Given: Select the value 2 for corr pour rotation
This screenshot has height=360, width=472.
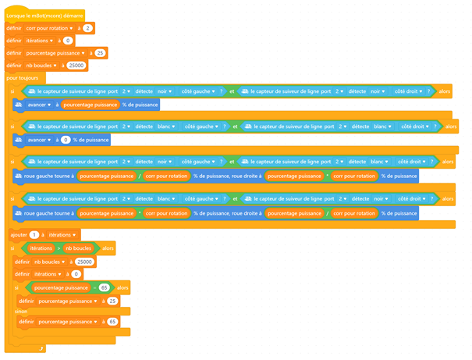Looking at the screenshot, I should coord(89,27).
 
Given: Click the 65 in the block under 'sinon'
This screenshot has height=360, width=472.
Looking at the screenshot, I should coord(112,321).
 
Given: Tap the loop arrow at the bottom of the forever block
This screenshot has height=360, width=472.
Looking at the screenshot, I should coord(41,344).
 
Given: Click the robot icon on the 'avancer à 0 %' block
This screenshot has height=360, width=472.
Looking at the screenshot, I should coord(20,140).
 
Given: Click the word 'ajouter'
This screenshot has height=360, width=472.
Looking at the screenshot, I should coord(19,234).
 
